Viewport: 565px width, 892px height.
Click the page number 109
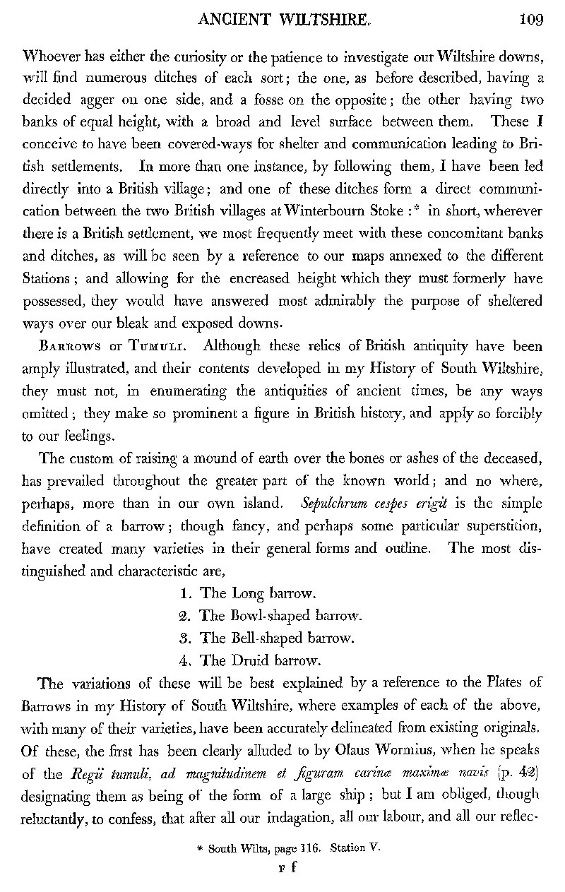click(x=530, y=19)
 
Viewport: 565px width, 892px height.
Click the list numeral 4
click(x=184, y=661)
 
